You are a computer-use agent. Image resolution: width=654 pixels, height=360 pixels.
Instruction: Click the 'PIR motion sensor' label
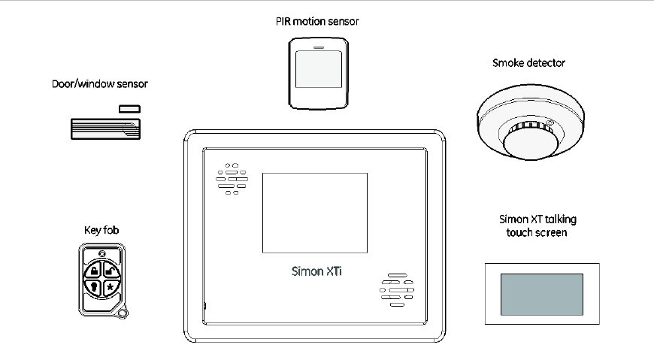(x=316, y=22)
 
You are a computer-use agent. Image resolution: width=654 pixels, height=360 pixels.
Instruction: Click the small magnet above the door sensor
(x=129, y=109)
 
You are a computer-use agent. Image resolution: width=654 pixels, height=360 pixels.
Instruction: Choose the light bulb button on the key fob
(x=93, y=287)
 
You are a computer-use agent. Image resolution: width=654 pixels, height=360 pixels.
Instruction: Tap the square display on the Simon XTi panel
(x=314, y=213)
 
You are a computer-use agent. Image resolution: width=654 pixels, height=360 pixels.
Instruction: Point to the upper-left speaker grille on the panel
(x=232, y=178)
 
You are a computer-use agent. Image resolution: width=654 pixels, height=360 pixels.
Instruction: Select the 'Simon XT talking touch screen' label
(x=532, y=226)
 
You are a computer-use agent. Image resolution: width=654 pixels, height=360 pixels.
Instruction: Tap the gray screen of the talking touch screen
(x=541, y=294)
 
